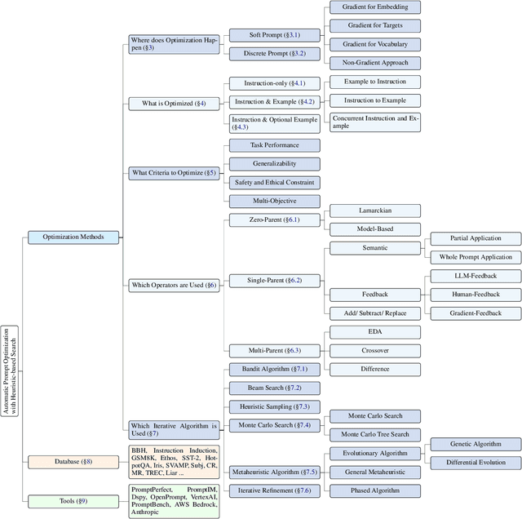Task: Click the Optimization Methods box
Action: pyautogui.click(x=73, y=237)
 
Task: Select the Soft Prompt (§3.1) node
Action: pyautogui.click(x=263, y=35)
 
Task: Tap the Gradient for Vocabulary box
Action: pyautogui.click(x=374, y=44)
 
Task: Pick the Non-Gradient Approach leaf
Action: pyautogui.click(x=374, y=63)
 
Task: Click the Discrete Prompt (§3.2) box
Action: pyautogui.click(x=263, y=53)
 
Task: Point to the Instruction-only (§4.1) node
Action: pyautogui.click(x=263, y=83)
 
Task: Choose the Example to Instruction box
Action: pyautogui.click(x=374, y=82)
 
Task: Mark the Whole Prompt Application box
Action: pyautogui.click(x=476, y=257)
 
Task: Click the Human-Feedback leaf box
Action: pyautogui.click(x=476, y=295)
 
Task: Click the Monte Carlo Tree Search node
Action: pyautogui.click(x=374, y=434)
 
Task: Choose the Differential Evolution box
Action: pyautogui.click(x=476, y=463)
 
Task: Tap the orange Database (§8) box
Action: pyautogui.click(x=73, y=462)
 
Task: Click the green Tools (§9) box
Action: pyautogui.click(x=73, y=500)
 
